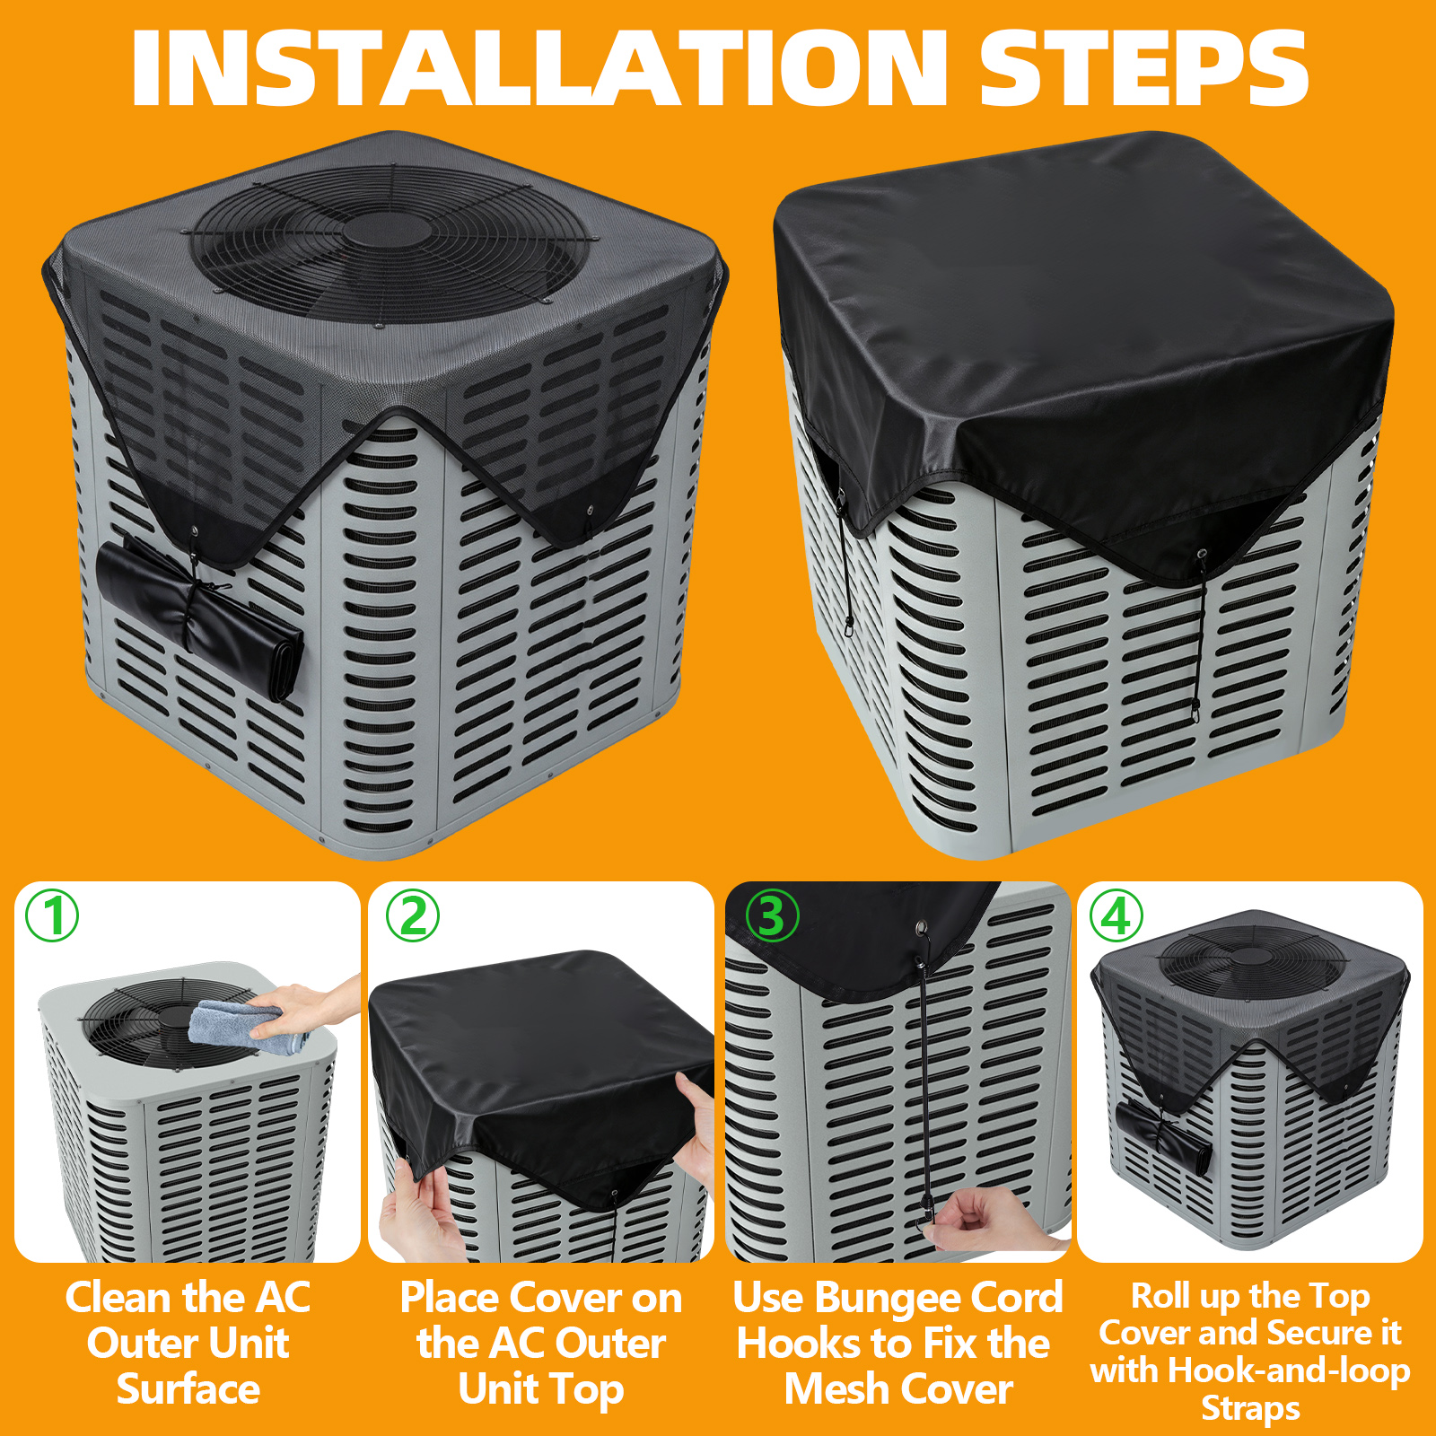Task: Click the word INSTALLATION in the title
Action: [539, 68]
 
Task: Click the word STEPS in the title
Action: [1143, 68]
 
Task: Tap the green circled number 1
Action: [52, 915]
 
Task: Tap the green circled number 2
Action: [413, 915]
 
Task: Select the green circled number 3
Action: [772, 915]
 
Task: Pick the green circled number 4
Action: [1116, 915]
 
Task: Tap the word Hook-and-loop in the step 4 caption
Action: [1290, 1371]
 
